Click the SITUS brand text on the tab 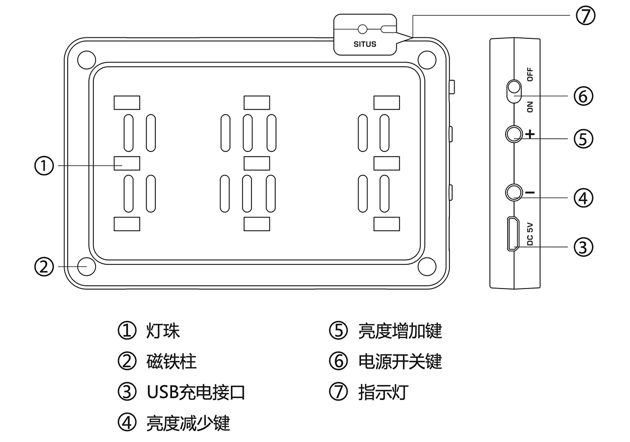[x=365, y=44]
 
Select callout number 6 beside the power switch [x=583, y=96]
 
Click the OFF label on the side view [x=530, y=75]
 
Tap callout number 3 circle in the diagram [x=583, y=247]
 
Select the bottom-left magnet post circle [x=87, y=266]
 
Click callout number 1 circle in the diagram [x=45, y=166]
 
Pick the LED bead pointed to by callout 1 [x=127, y=163]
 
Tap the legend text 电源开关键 [x=400, y=362]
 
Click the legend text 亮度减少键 [x=188, y=423]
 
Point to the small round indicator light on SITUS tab [x=362, y=29]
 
